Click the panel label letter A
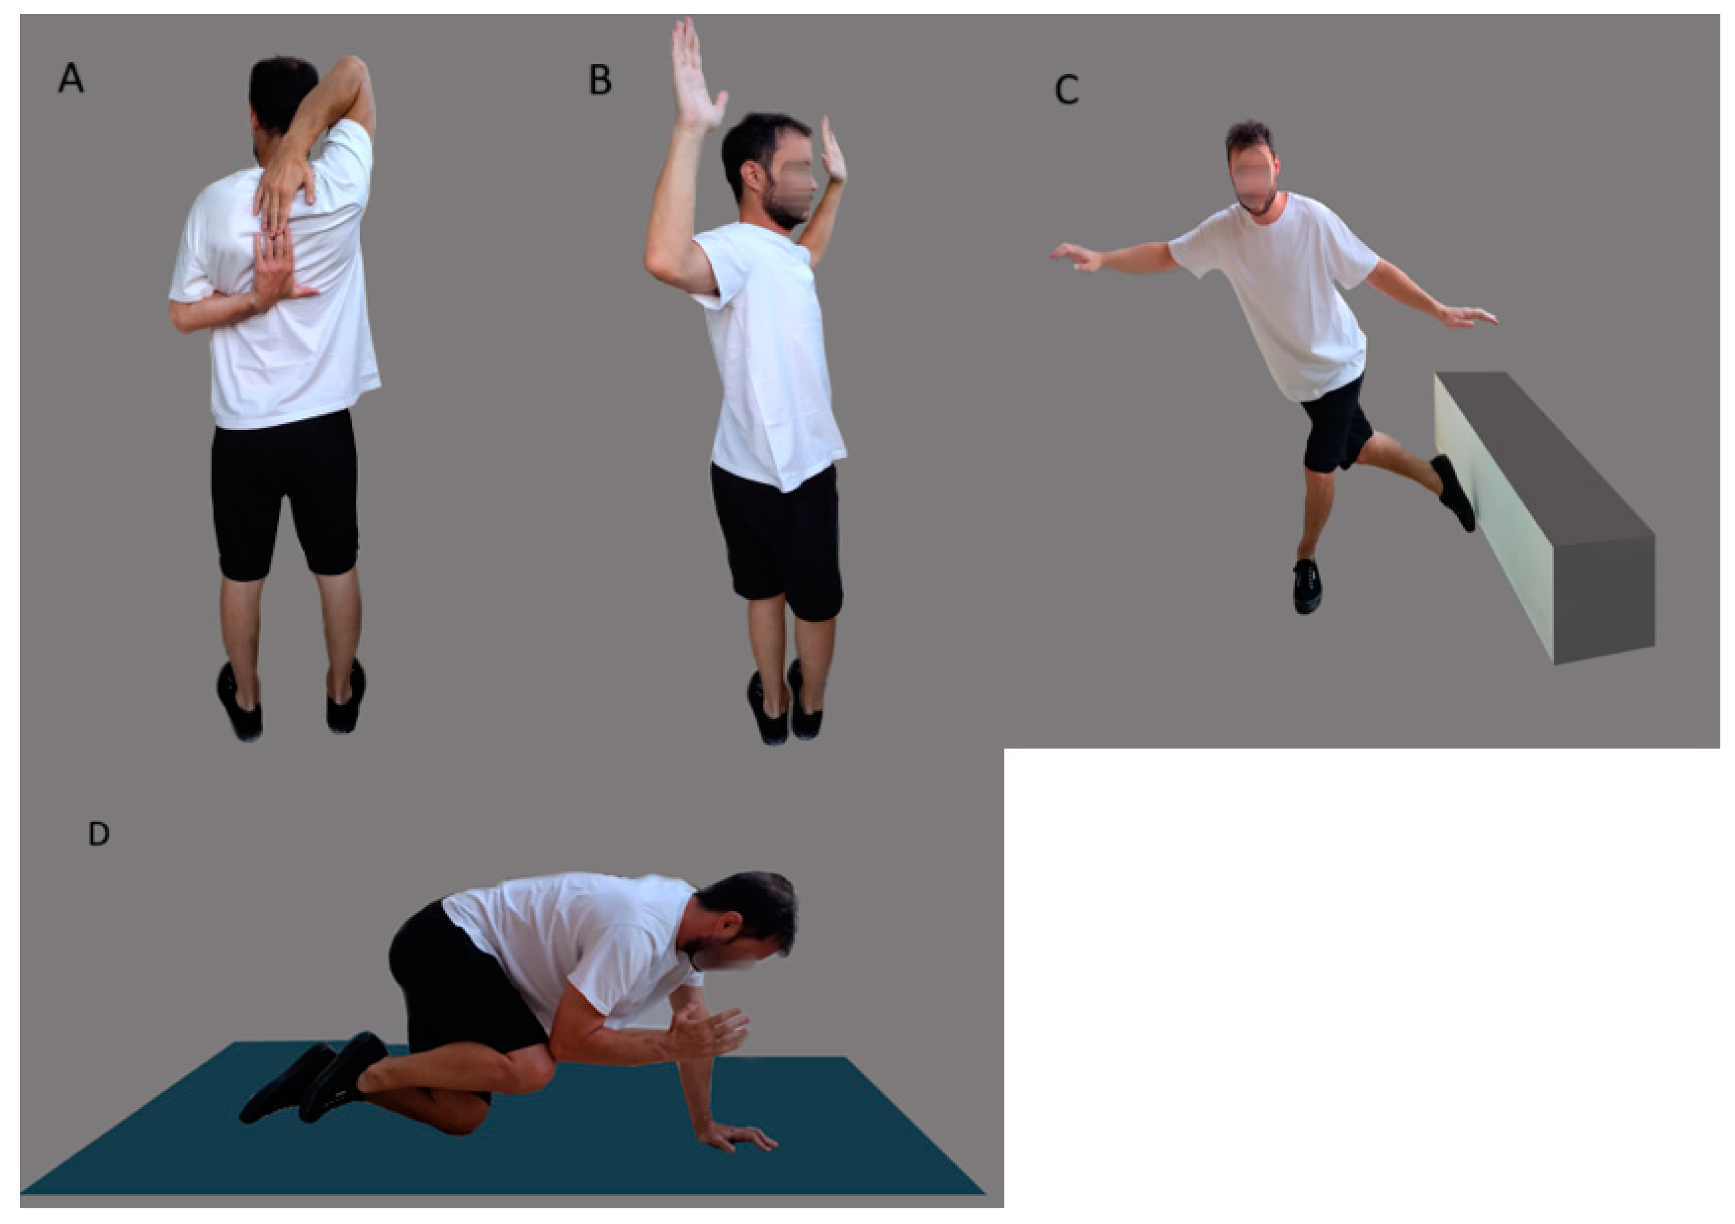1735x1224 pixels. pos(71,78)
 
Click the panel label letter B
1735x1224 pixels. pos(600,80)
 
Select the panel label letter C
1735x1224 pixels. pos(1066,90)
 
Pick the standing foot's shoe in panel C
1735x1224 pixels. pos(1306,586)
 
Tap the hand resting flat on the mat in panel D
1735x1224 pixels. pos(737,1137)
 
